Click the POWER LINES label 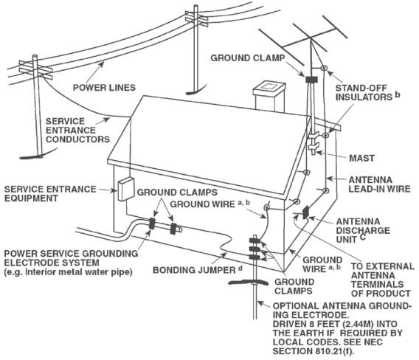[104, 88]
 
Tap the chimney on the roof [268, 96]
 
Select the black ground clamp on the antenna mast [311, 80]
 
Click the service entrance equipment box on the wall [125, 189]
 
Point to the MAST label [361, 158]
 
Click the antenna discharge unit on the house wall [305, 212]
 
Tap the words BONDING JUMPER [194, 270]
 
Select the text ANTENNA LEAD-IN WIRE [379, 184]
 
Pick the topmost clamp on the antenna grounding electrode [254, 240]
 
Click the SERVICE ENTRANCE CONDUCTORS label [77, 130]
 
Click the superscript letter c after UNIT [363, 237]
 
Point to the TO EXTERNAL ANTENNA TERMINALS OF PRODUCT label [382, 280]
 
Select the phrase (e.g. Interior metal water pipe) [69, 272]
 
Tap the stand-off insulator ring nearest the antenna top [324, 68]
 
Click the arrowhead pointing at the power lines [102, 63]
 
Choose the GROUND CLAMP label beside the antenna [248, 58]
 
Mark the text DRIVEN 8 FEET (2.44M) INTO [335, 324]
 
